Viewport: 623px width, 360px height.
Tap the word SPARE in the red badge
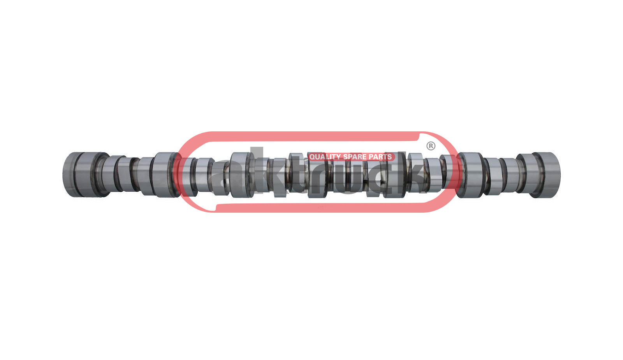(x=355, y=157)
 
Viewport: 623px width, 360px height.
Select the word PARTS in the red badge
(x=380, y=157)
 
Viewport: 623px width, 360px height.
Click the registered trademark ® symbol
(x=431, y=146)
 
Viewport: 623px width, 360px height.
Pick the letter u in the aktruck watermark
(x=348, y=178)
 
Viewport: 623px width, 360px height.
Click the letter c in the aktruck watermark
(x=380, y=178)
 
